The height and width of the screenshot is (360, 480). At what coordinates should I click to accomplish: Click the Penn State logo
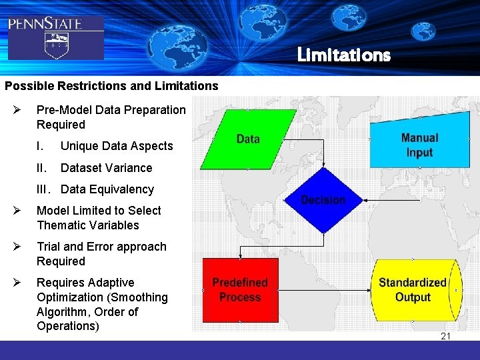pos(55,37)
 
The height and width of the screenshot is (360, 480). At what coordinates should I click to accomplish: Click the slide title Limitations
pos(343,55)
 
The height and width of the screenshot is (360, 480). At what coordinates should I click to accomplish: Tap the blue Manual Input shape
pos(419,144)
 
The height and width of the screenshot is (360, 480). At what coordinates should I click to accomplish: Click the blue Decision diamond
pos(323,199)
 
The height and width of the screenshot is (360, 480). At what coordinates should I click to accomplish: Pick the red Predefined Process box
pos(240,289)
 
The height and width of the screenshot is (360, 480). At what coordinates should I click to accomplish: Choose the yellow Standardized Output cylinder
pos(413,289)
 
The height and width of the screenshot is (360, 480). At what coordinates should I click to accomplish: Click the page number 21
pos(445,336)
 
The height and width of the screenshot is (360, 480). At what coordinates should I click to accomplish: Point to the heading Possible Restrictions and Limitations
pos(111,86)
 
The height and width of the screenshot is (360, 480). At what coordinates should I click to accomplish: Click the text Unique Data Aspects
pos(117,146)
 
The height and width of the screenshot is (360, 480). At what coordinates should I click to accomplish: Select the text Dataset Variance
pos(106,168)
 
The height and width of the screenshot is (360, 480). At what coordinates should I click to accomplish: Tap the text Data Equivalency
pos(107,189)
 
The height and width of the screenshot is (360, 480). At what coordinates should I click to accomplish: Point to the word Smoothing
pos(140,297)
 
